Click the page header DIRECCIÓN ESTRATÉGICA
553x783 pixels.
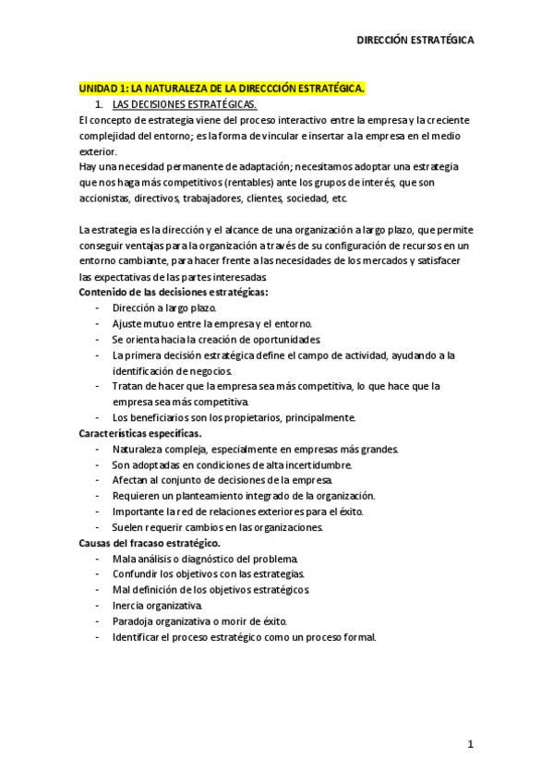[415, 41]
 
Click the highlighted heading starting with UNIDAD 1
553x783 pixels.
[222, 89]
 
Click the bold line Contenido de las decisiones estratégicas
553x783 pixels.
[173, 292]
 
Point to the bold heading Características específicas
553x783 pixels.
[140, 432]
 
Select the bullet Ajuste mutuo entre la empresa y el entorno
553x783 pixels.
[211, 323]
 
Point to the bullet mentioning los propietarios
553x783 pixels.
[233, 416]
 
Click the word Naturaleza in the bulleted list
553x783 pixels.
[139, 448]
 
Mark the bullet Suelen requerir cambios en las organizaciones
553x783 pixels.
[217, 526]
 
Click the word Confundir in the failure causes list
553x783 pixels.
[137, 573]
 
